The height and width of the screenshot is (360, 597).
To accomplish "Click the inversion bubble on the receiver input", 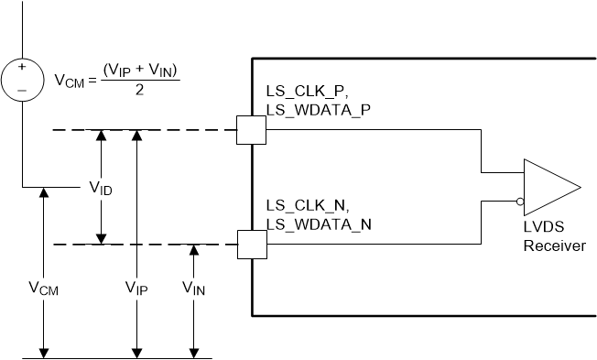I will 519,200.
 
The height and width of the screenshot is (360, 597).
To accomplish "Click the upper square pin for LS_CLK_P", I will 251,130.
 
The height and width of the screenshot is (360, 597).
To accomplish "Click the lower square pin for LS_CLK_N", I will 251,245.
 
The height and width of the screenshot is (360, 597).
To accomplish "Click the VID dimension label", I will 102,188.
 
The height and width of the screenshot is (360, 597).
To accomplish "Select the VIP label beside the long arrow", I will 137,287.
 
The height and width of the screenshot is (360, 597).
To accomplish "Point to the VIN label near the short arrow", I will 193,287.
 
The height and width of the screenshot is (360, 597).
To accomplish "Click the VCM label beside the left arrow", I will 42,287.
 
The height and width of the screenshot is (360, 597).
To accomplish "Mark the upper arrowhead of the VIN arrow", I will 193,249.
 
